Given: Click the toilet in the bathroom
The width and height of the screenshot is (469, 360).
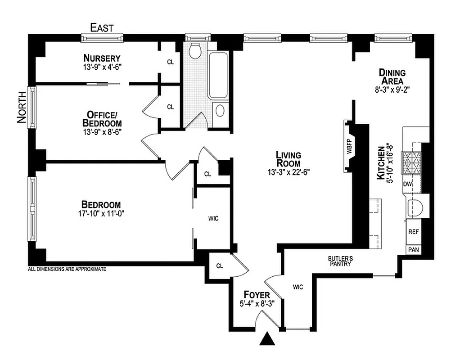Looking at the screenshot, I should pos(195,51).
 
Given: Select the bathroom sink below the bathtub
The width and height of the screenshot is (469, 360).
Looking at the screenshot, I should pos(221,111).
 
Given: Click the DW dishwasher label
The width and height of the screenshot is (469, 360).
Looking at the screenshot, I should pos(408,184).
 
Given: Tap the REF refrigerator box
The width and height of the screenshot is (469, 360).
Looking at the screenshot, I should pos(413,232).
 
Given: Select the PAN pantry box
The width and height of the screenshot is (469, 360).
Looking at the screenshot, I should pos(413,249).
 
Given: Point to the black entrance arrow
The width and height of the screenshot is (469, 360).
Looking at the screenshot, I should pos(268,338).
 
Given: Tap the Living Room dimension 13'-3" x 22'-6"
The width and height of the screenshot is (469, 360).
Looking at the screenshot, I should pos(288,171).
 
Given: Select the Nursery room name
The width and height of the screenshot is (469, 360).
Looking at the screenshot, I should pos(102,58).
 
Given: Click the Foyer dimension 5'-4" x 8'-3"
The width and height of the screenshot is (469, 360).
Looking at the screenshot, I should pos(257,304).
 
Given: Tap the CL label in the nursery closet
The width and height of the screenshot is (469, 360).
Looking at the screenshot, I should pos(170,62).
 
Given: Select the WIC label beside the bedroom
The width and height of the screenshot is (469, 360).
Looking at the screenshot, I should pos(213,219).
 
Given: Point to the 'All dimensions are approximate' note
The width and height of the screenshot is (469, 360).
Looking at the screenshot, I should pos(67,270).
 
